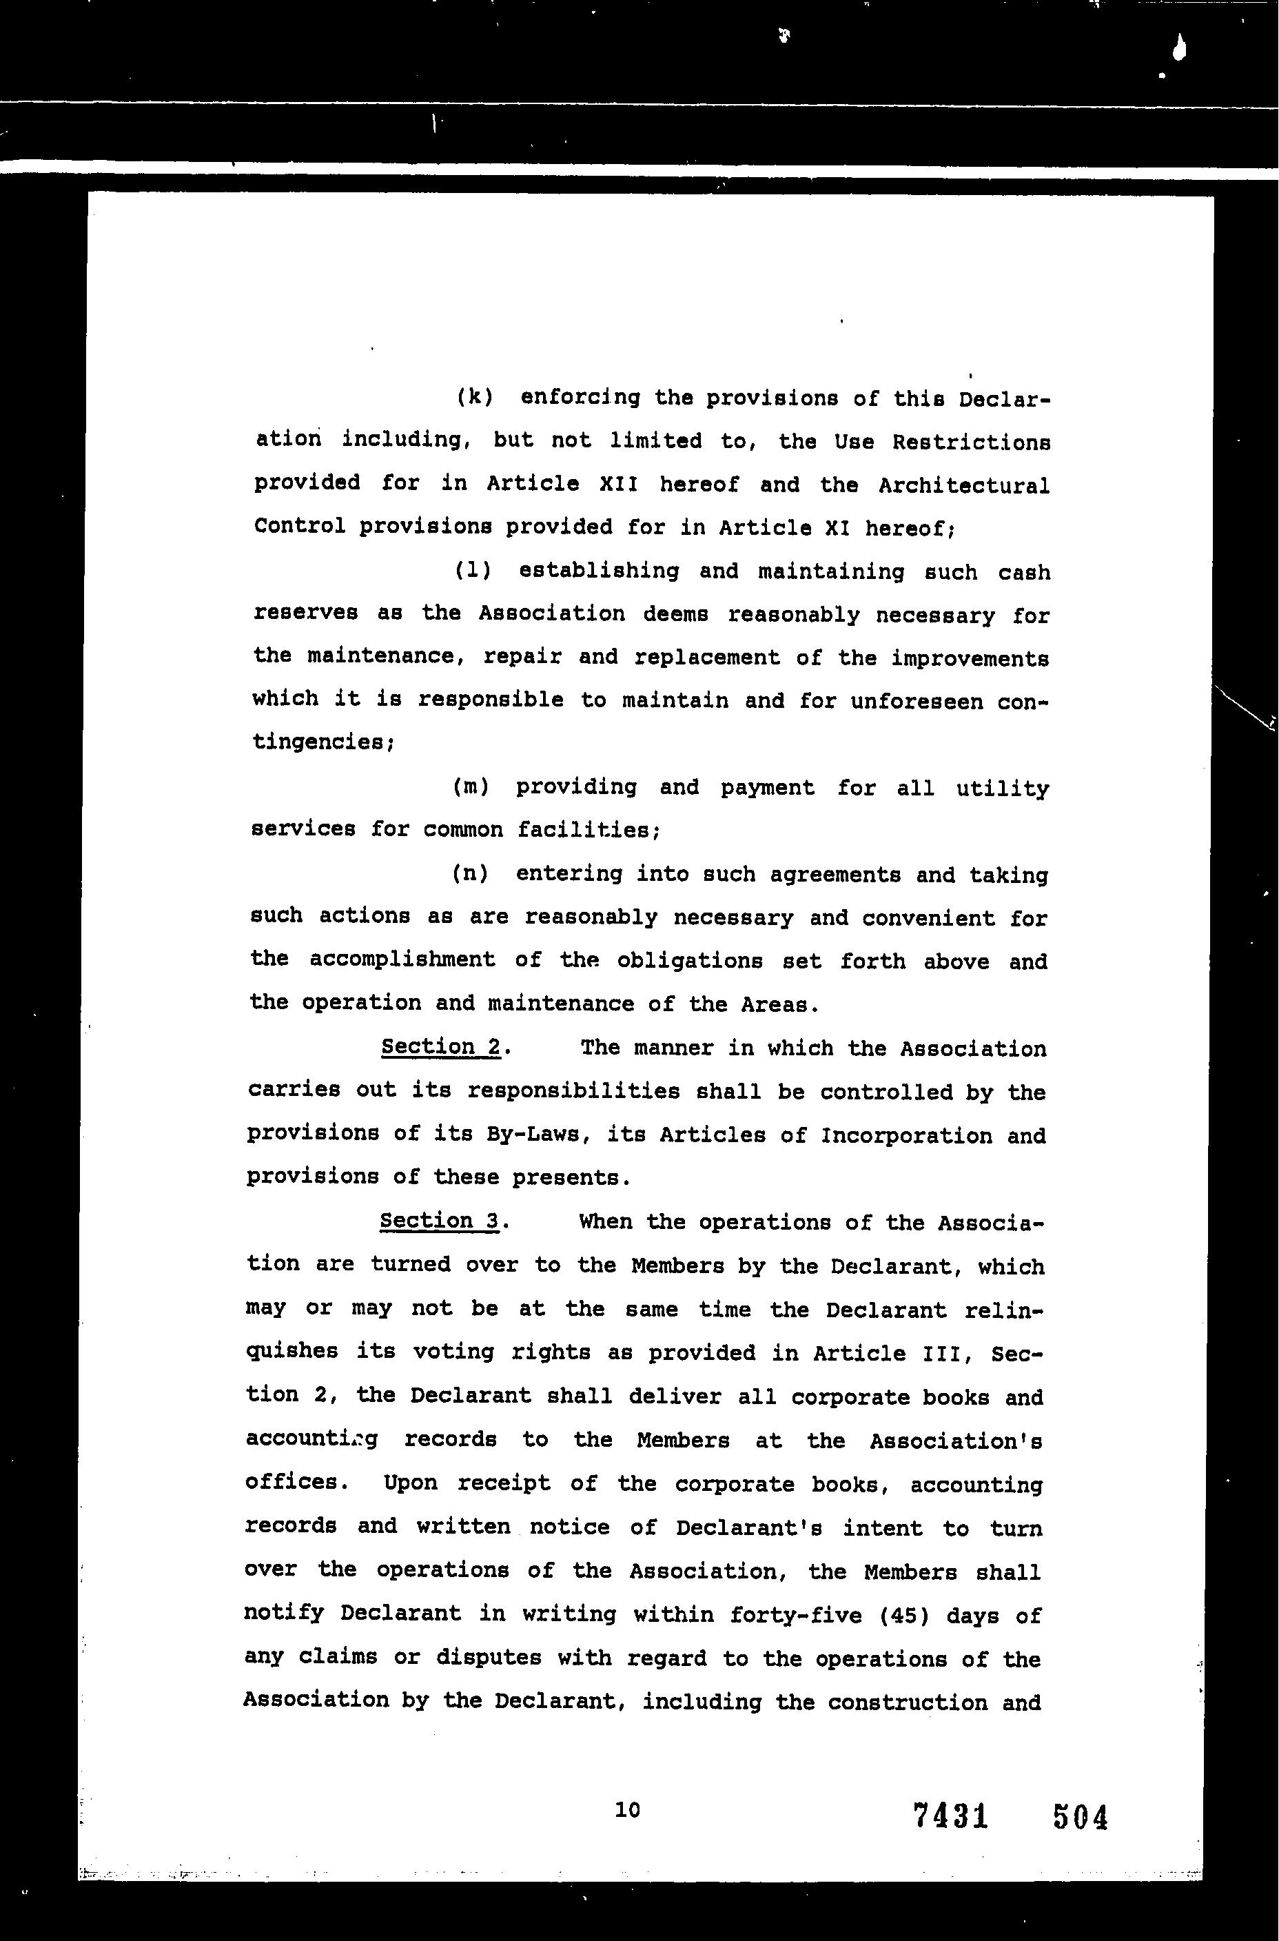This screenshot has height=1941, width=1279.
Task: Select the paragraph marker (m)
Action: [x=471, y=786]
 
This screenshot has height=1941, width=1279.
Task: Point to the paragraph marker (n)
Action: [x=471, y=873]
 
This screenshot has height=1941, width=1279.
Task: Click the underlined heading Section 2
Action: [x=440, y=1047]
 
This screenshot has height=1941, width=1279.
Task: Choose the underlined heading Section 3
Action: [x=439, y=1221]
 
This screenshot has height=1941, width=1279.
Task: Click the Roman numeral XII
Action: [x=618, y=484]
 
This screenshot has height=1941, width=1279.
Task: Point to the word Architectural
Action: [x=963, y=485]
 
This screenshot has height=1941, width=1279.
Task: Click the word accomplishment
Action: [x=402, y=959]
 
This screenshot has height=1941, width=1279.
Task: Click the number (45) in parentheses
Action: [x=905, y=1615]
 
